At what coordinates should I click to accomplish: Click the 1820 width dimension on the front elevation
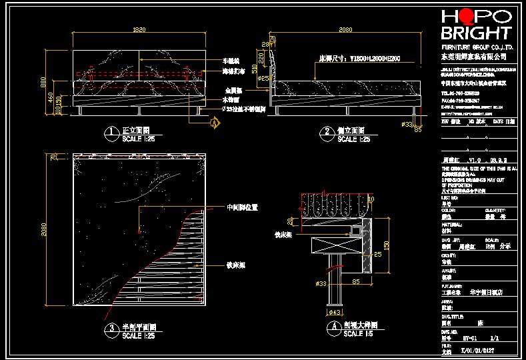click(139, 29)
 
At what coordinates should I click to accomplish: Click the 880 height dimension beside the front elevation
click(44, 83)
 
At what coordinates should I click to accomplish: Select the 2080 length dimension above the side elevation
click(345, 29)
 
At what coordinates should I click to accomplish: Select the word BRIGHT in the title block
click(476, 33)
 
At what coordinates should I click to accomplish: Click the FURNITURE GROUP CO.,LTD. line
click(477, 48)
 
